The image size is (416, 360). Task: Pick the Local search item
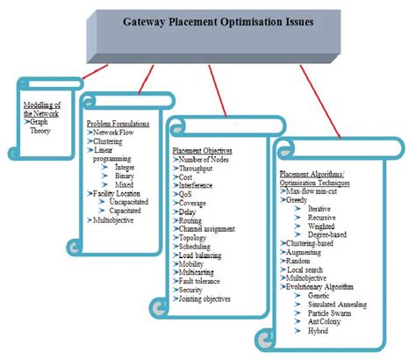309,269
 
